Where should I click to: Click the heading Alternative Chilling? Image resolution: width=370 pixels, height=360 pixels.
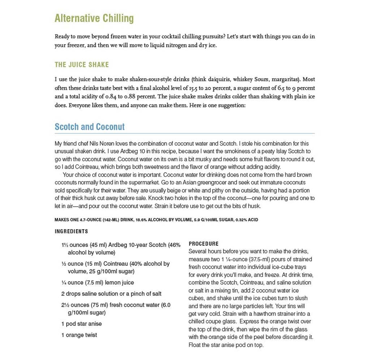tap(94, 18)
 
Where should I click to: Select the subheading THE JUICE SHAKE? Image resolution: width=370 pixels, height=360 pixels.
tap(82, 65)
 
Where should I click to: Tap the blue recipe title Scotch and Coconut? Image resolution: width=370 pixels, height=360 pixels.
tap(90, 127)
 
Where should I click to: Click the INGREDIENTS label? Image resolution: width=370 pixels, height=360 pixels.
tap(71, 231)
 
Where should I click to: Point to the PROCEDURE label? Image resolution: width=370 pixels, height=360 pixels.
tap(203, 244)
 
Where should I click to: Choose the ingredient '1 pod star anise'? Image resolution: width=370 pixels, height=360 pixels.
tap(82, 324)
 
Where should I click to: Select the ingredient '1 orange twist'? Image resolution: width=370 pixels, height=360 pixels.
tap(79, 335)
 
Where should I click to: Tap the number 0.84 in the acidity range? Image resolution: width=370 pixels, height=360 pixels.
tap(112, 97)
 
